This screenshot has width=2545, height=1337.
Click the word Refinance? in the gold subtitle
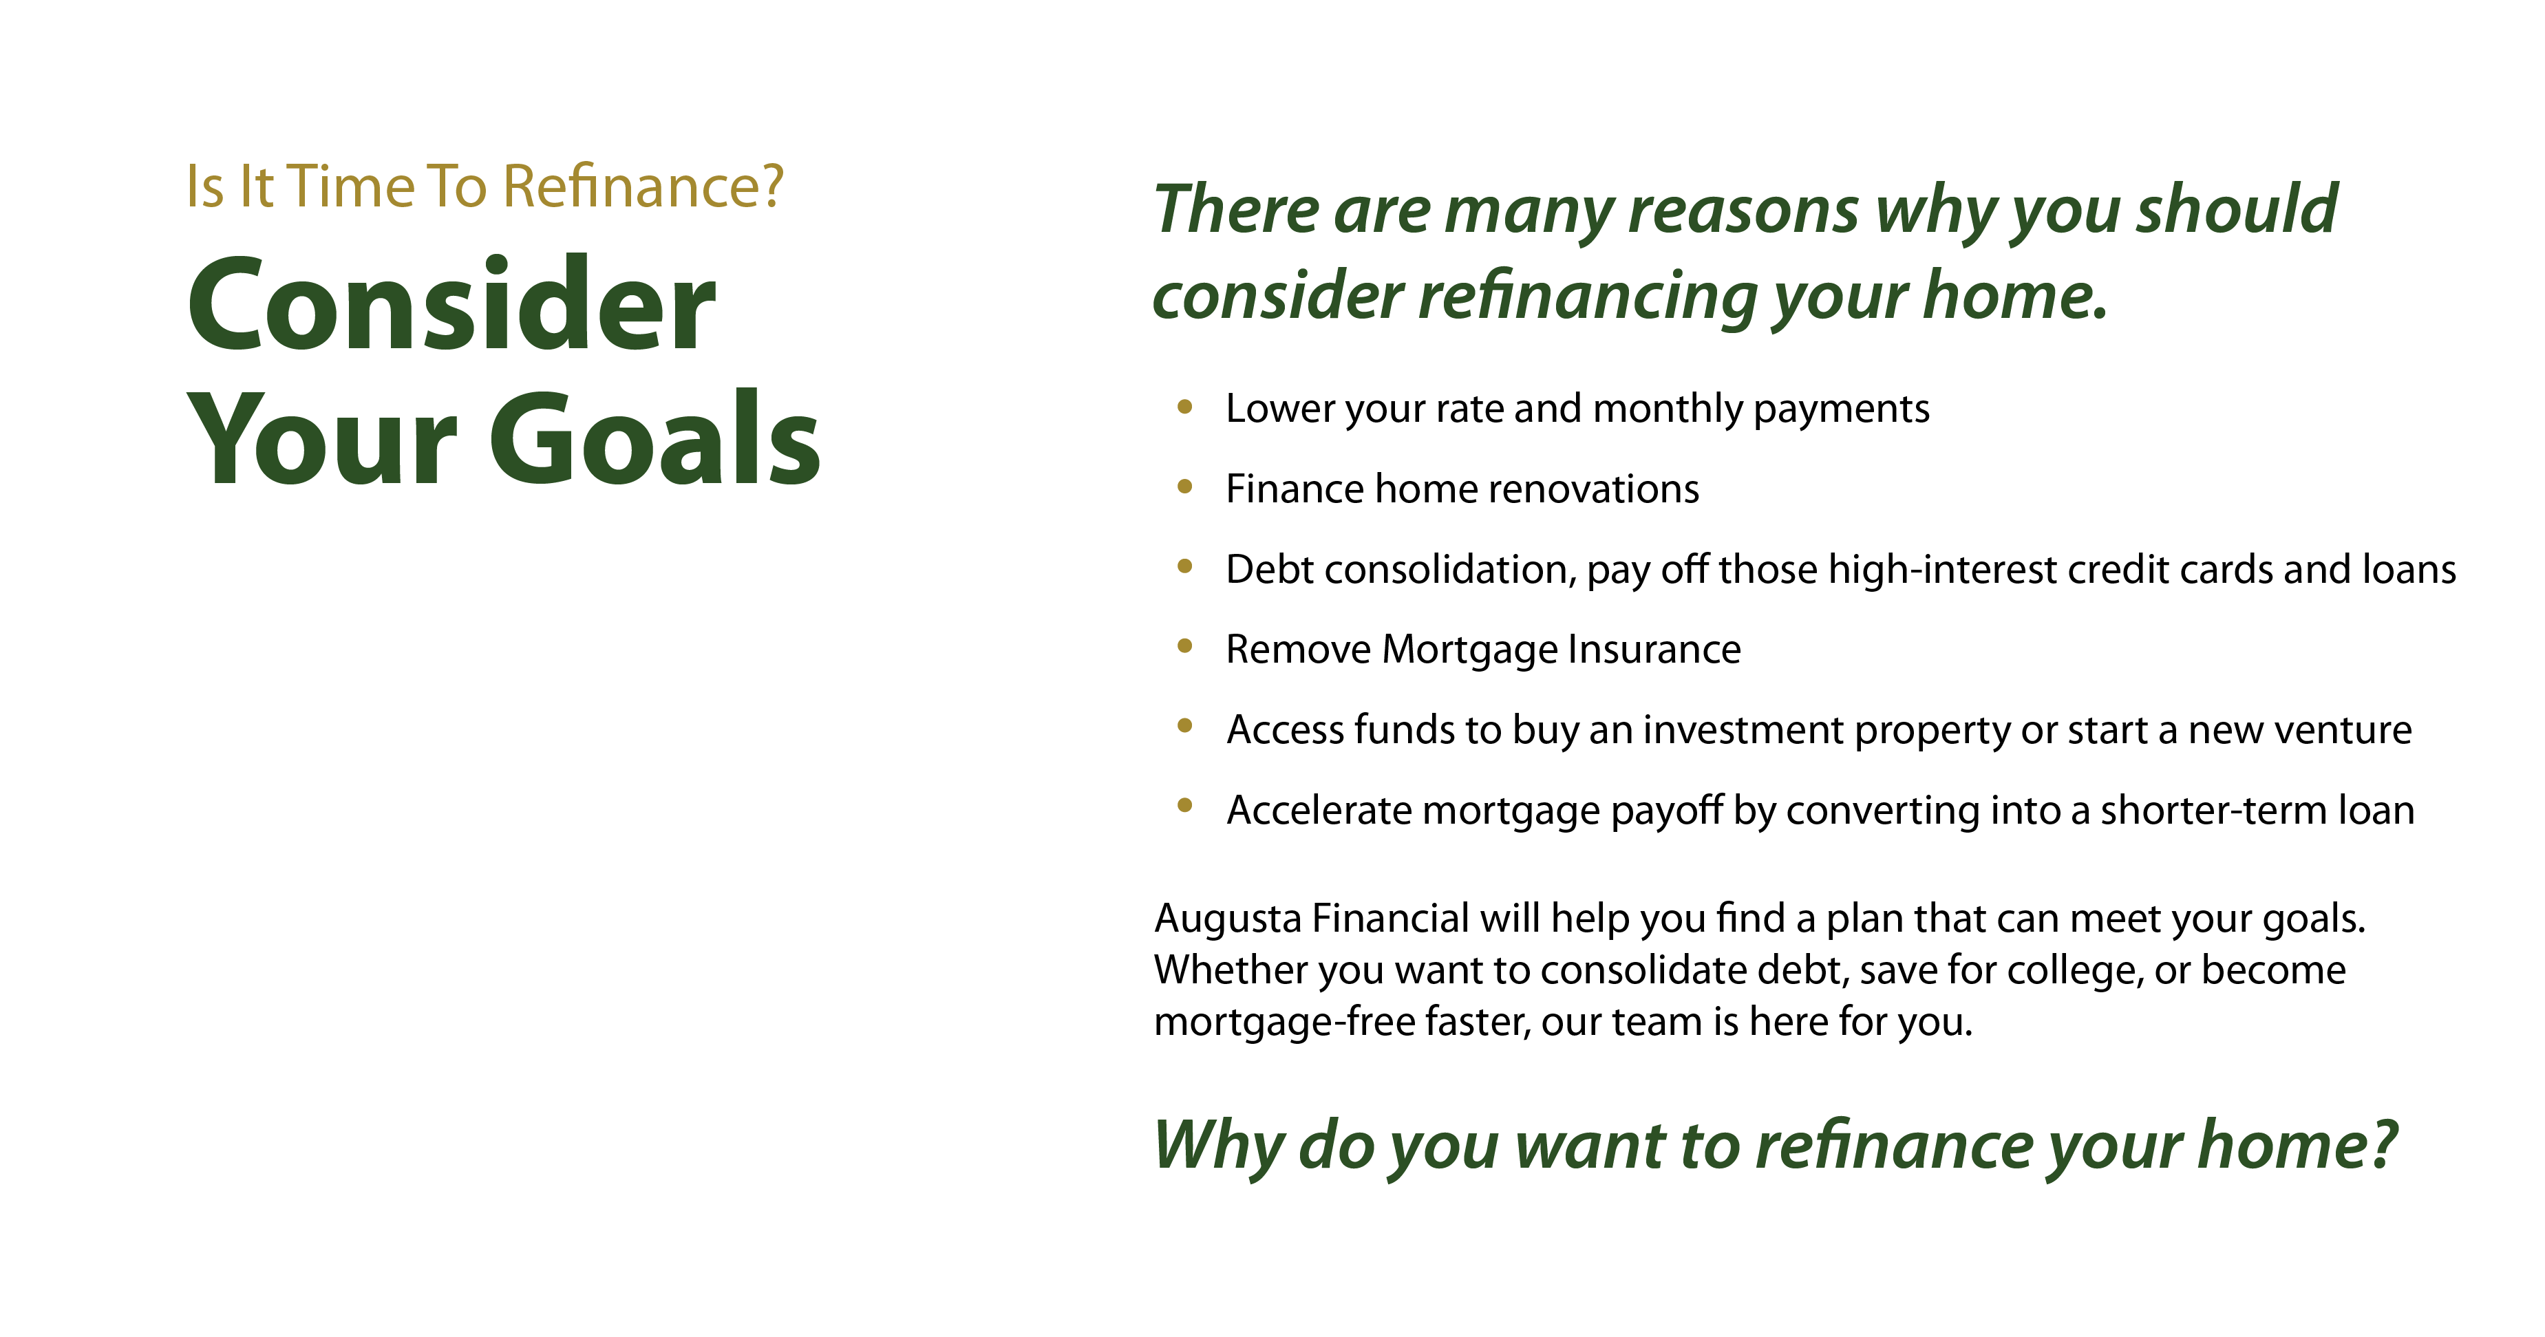point(643,186)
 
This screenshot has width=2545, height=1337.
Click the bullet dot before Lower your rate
point(1184,406)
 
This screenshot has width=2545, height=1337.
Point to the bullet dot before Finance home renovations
point(1184,486)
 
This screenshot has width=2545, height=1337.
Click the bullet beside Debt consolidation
point(1184,566)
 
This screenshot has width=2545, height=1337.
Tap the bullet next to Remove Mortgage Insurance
point(1184,646)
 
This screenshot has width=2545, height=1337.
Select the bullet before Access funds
point(1184,727)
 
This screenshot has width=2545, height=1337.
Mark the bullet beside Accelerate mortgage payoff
point(1184,806)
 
